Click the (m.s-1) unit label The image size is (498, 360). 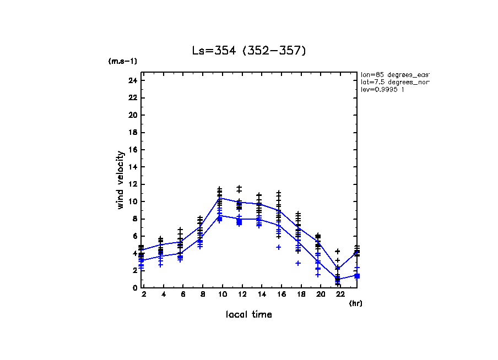122,62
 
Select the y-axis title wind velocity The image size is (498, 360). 121,180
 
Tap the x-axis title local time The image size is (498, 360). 248,314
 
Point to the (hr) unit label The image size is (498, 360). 355,303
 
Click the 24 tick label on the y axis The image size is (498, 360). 132,80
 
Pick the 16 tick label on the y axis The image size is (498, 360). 132,150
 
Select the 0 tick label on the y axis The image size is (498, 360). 134,287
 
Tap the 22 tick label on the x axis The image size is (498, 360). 337,295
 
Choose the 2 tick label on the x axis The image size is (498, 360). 143,295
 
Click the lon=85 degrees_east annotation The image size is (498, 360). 394,74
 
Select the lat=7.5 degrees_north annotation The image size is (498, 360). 394,81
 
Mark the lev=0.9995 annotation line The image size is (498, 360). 382,89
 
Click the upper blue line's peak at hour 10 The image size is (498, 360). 220,198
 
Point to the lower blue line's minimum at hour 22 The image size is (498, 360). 337,279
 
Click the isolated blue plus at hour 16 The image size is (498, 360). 279,247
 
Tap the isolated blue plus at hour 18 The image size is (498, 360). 298,263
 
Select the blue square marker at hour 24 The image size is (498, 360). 357,276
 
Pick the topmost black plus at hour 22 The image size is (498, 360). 337,251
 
